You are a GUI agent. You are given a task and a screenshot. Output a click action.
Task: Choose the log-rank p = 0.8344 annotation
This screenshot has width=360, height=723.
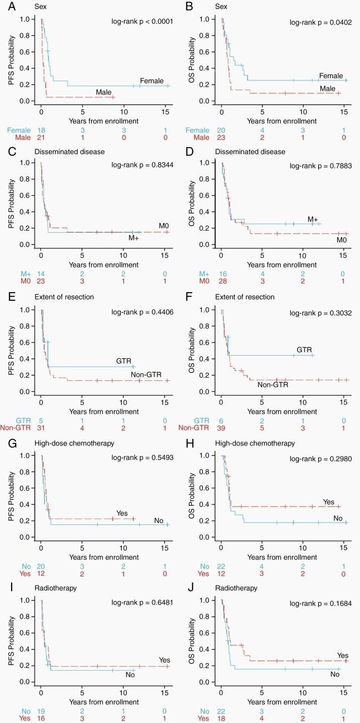tap(142, 165)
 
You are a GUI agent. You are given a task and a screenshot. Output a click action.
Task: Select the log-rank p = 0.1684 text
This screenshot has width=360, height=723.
tap(321, 594)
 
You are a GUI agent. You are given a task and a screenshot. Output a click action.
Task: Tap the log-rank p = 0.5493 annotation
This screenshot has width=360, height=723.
tap(142, 451)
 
